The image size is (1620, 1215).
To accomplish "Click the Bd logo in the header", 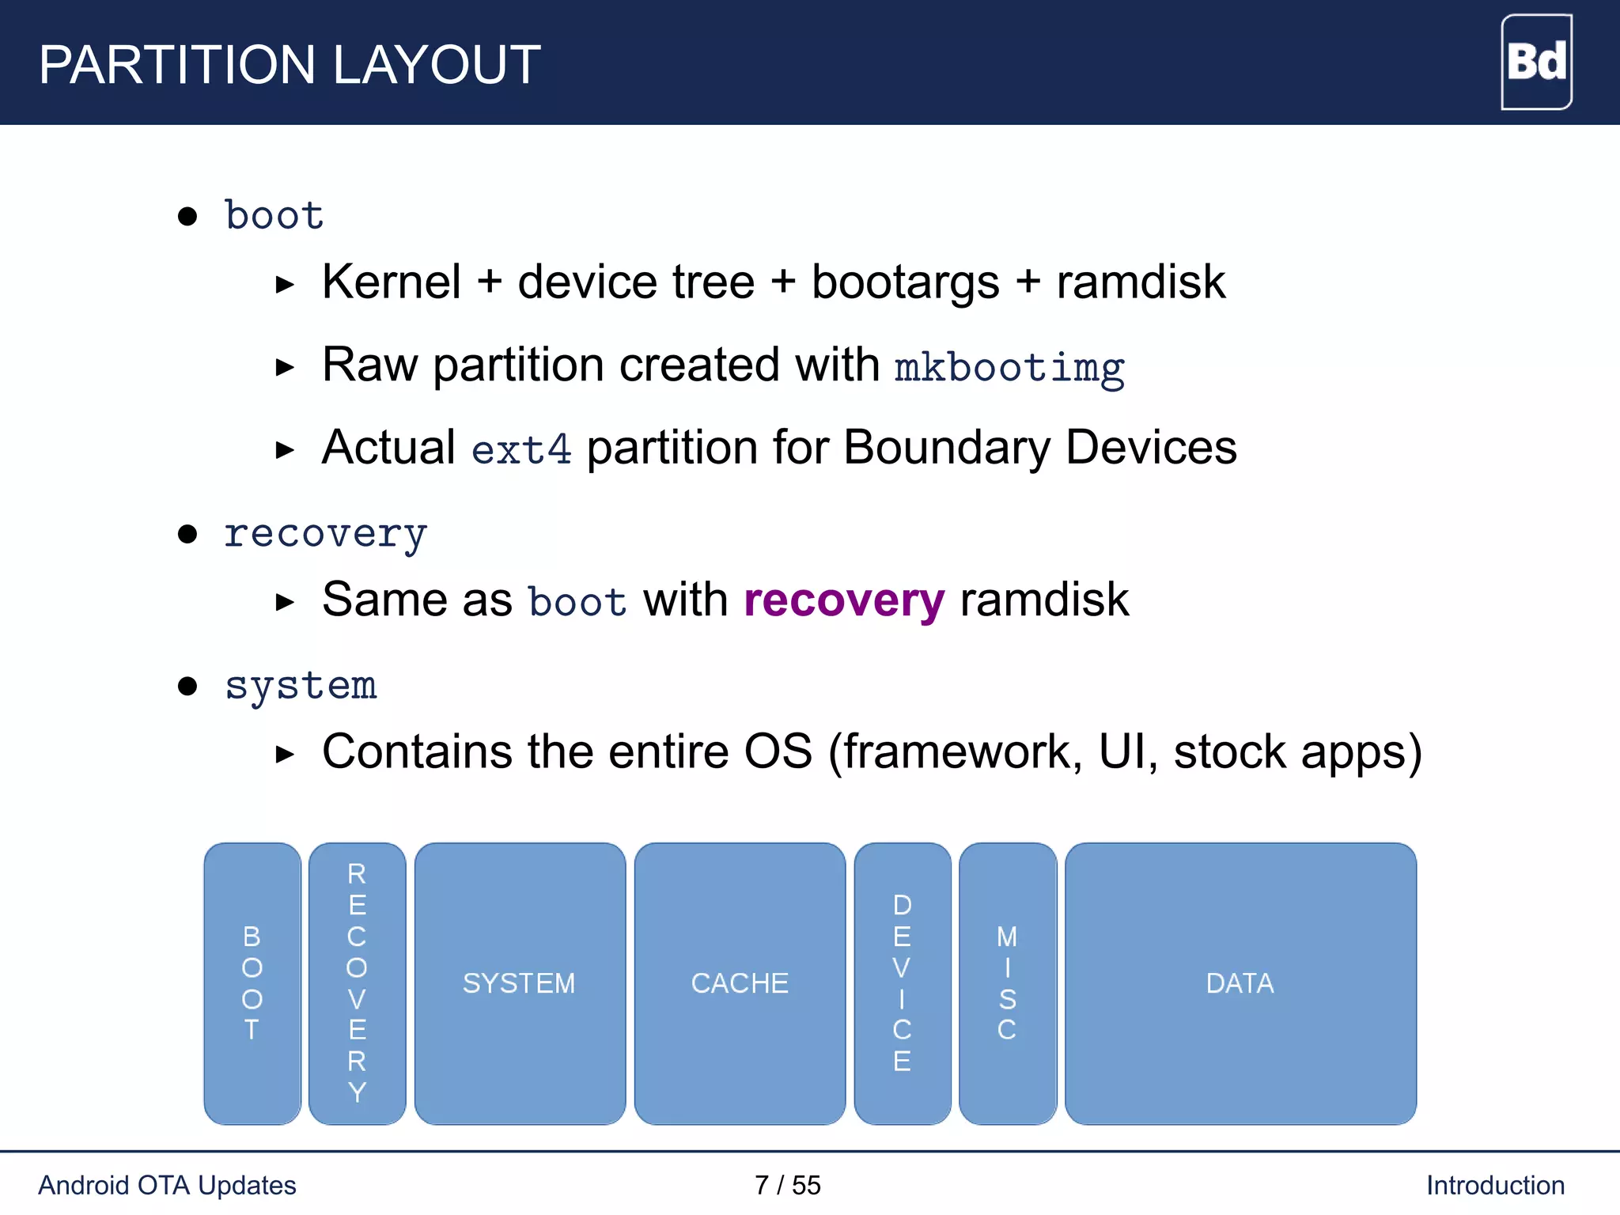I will pyautogui.click(x=1536, y=62).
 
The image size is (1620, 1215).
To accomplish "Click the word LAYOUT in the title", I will pyautogui.click(x=436, y=65).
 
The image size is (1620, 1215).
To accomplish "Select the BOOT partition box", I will pyautogui.click(x=252, y=983).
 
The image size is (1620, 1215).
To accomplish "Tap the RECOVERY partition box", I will pyautogui.click(x=357, y=983).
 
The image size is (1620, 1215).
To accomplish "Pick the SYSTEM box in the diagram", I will pyautogui.click(x=520, y=983).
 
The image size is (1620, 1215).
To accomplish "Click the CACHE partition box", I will pyautogui.click(x=740, y=983).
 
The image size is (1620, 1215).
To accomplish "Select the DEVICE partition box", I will pyautogui.click(x=903, y=983).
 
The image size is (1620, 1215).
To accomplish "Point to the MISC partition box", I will pyautogui.click(x=1007, y=983).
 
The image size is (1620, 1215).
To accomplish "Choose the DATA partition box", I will pyautogui.click(x=1240, y=983).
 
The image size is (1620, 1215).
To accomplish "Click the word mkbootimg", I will pyautogui.click(x=1009, y=368).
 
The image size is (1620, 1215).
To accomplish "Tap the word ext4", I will pyautogui.click(x=521, y=450).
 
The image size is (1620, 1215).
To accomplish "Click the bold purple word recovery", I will pyautogui.click(x=844, y=600).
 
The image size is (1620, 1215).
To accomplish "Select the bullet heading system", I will pyautogui.click(x=301, y=686).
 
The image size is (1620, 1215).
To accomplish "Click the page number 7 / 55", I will pyautogui.click(x=788, y=1185).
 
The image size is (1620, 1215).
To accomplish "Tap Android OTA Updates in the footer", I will pyautogui.click(x=167, y=1185).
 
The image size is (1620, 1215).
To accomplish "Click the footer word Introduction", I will pyautogui.click(x=1495, y=1185).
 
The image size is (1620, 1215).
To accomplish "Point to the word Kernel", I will pyautogui.click(x=392, y=282).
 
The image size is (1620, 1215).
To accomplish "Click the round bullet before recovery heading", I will pyautogui.click(x=187, y=534).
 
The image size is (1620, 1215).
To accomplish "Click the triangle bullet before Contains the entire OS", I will pyautogui.click(x=285, y=754).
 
